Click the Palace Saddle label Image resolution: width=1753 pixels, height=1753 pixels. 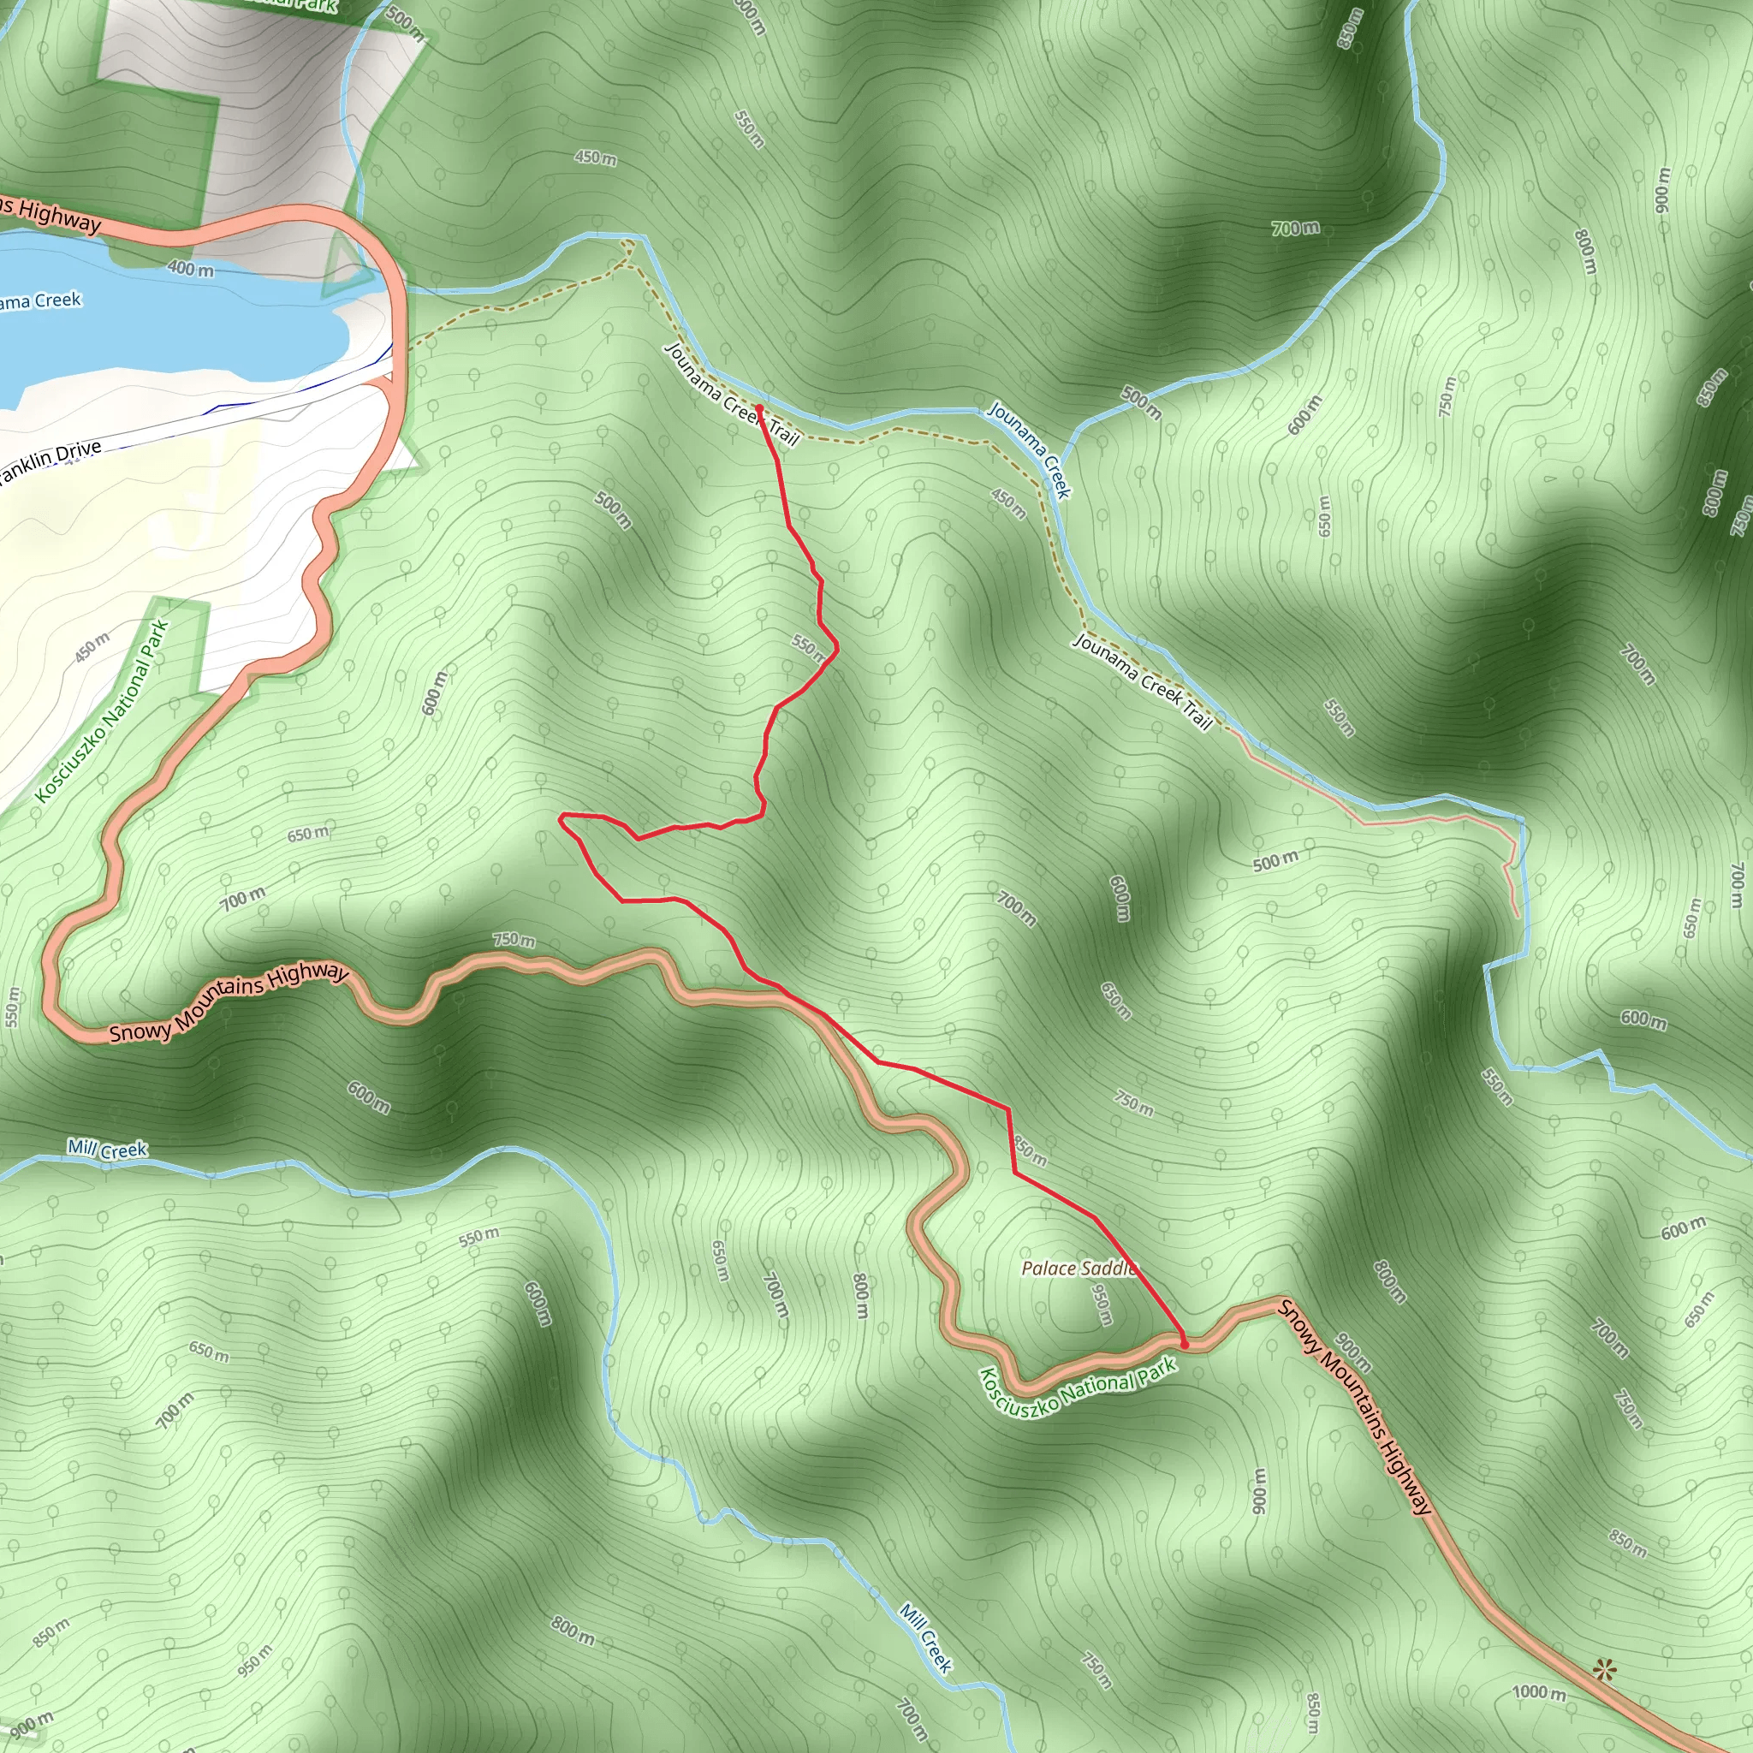click(x=1078, y=1269)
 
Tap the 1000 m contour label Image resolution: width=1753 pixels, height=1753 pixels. click(x=1539, y=1692)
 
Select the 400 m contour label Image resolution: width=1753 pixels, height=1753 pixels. click(x=191, y=269)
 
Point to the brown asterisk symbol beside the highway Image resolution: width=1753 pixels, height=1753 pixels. click(x=1604, y=1669)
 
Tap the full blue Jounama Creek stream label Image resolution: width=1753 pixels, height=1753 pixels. click(x=1029, y=450)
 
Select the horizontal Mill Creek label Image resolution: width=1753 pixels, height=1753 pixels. click(x=107, y=1150)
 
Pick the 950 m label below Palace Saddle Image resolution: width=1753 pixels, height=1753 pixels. click(x=1101, y=1304)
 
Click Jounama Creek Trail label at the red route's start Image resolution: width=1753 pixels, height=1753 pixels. click(x=731, y=395)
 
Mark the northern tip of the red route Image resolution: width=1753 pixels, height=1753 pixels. click(x=758, y=407)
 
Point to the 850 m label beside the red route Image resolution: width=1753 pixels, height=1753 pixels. click(x=1031, y=1150)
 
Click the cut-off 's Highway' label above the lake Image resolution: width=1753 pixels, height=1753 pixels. click(x=50, y=216)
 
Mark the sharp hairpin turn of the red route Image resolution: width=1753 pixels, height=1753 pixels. click(x=562, y=819)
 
